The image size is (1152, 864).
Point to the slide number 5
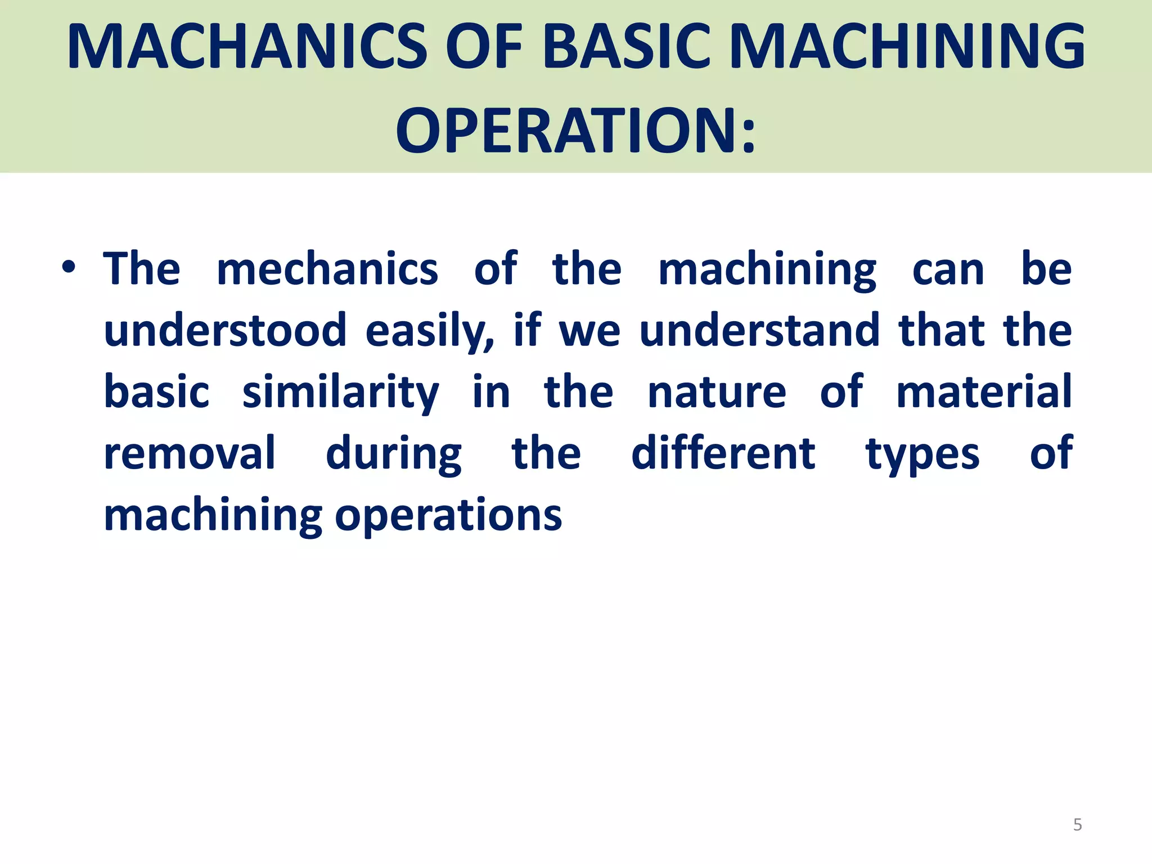coord(1077,825)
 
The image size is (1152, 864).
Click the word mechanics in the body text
coord(327,269)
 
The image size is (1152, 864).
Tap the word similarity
coord(340,393)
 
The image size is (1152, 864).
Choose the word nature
coord(717,393)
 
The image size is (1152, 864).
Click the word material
coord(984,393)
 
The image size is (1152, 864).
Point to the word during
coord(394,454)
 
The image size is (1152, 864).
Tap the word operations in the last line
coord(448,516)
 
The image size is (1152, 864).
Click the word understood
coord(225,331)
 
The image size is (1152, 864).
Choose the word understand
coord(759,331)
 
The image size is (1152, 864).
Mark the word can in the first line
coord(948,271)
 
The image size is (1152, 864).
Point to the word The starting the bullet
coord(142,269)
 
